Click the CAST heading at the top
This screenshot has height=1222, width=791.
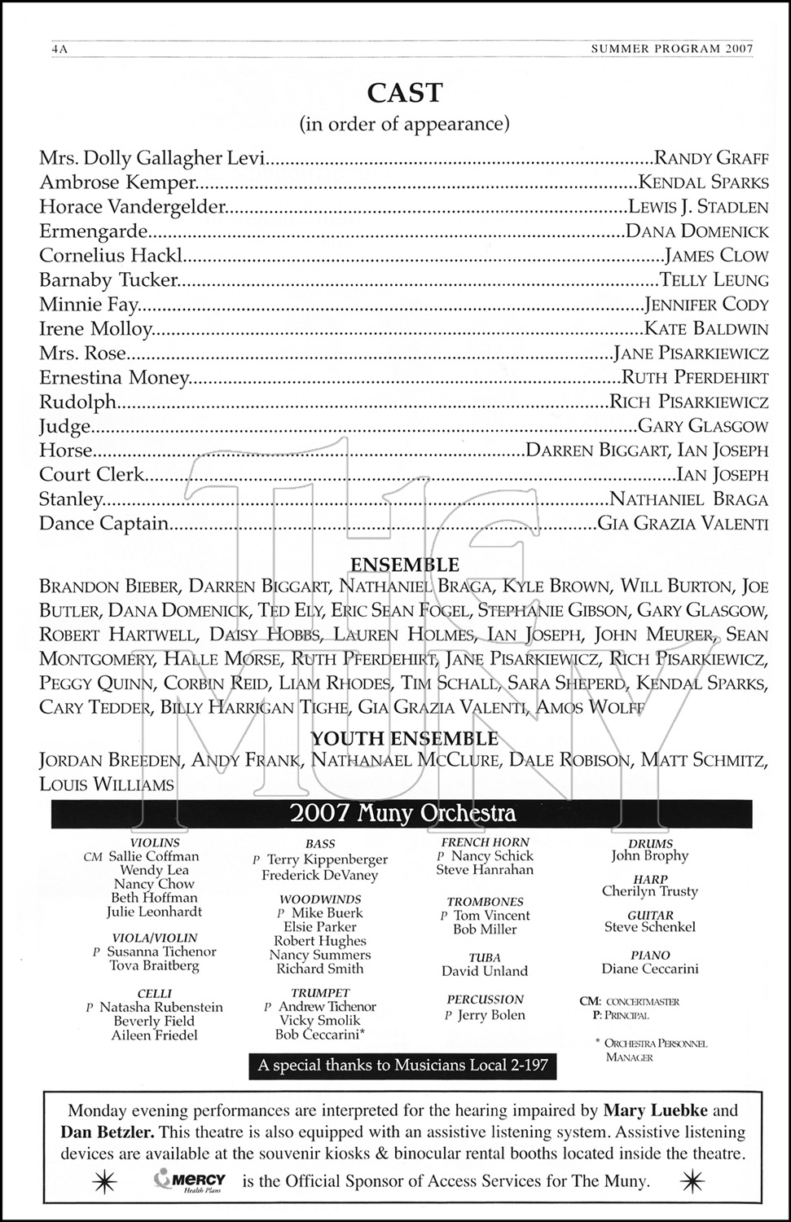[x=405, y=93]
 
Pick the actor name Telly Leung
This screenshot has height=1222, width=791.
[x=714, y=280]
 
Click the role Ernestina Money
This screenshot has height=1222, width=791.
[x=114, y=378]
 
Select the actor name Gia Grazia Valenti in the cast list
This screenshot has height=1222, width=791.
[x=683, y=524]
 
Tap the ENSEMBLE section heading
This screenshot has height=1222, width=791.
[x=404, y=565]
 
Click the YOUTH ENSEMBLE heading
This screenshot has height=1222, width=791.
[x=404, y=739]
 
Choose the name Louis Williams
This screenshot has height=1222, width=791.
[x=107, y=785]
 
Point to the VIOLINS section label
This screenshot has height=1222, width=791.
[x=155, y=842]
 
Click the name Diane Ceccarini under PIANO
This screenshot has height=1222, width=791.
[x=649, y=969]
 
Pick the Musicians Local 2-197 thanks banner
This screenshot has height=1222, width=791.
[x=403, y=1065]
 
